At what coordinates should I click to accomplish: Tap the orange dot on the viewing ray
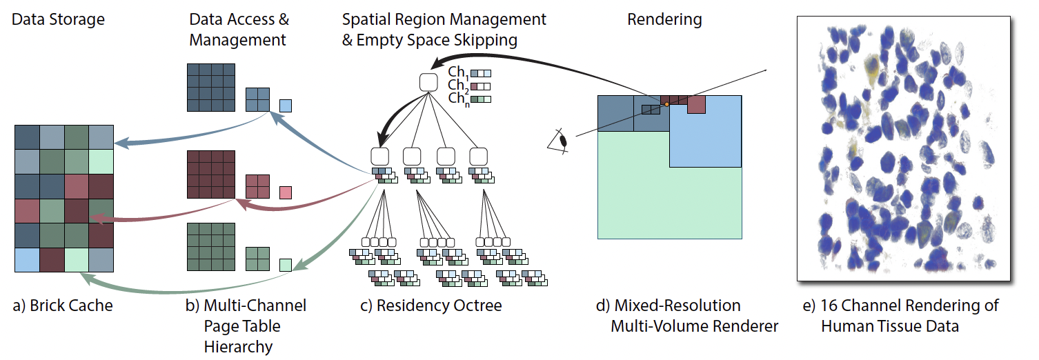(x=666, y=104)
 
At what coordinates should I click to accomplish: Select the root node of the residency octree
(x=428, y=82)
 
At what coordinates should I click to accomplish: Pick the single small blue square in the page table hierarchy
(x=286, y=106)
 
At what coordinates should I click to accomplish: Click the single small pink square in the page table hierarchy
(x=286, y=192)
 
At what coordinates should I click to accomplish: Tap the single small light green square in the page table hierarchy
(x=286, y=264)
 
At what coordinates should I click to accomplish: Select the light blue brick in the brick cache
(x=26, y=259)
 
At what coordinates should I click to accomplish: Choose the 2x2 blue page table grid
(x=257, y=99)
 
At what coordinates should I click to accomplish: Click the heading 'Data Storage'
(x=59, y=19)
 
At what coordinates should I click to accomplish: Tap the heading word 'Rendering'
(x=664, y=19)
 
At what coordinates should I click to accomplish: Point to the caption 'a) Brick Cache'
(x=63, y=306)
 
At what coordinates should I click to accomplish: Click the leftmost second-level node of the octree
(x=381, y=156)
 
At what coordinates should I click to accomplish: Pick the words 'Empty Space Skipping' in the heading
(x=437, y=40)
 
